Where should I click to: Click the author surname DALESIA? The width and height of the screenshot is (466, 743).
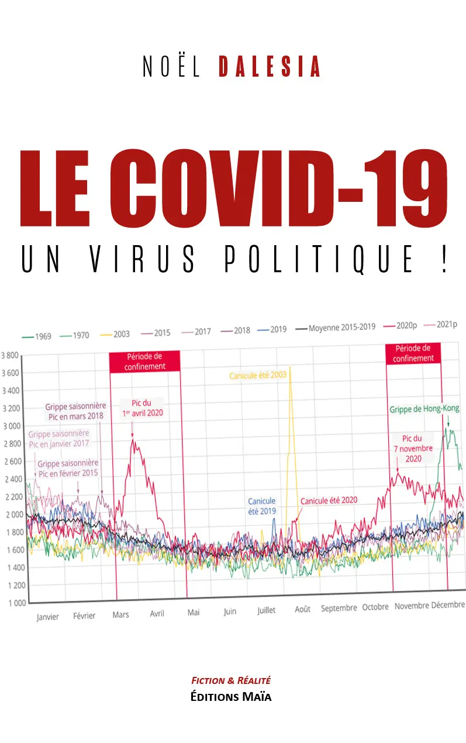tap(270, 66)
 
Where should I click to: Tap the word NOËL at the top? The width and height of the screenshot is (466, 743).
tap(171, 66)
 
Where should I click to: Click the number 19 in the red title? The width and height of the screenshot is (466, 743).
tap(406, 188)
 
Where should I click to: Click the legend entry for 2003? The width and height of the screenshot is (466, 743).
tap(115, 335)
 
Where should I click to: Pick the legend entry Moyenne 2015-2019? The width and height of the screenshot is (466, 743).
tap(336, 328)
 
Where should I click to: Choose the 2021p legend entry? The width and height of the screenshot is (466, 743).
tap(440, 324)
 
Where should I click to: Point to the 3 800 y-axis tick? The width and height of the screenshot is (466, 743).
tap(9, 355)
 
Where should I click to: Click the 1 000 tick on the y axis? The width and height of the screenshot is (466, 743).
tap(17, 603)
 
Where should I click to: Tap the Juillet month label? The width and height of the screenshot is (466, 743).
tap(267, 610)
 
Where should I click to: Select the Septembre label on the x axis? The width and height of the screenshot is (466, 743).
tap(339, 608)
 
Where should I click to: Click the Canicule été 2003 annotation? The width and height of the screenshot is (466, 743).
tap(258, 375)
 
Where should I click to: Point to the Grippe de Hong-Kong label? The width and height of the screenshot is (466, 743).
tap(424, 409)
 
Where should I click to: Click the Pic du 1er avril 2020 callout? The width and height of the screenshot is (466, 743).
tap(143, 408)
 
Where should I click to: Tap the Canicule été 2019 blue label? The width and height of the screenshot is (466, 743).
tap(262, 506)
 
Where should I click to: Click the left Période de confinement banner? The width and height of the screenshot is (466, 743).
tap(144, 361)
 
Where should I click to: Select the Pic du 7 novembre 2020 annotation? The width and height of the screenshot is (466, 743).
tap(413, 449)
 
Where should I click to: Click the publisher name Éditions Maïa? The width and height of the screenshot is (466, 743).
tap(231, 697)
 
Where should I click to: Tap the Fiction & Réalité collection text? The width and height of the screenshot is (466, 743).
tap(231, 680)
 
